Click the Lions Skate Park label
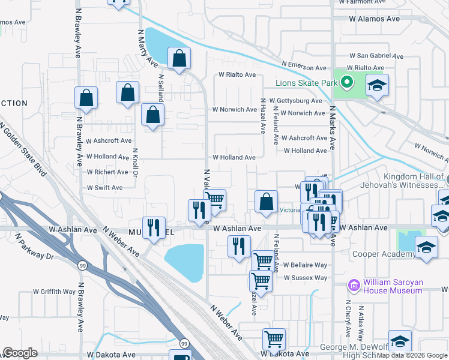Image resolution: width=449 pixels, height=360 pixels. coord(303,82)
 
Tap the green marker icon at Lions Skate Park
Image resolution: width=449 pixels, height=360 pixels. coord(346,82)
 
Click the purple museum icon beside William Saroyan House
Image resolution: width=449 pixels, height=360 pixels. coord(354,283)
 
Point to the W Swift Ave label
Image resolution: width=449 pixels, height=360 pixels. coord(104,188)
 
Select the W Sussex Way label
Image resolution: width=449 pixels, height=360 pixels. coord(306,278)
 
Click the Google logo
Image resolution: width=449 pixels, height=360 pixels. coord(20,353)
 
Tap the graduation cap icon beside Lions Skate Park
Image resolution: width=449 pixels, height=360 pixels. coord(377,85)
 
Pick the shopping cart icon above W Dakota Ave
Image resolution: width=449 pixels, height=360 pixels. coord(274,339)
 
